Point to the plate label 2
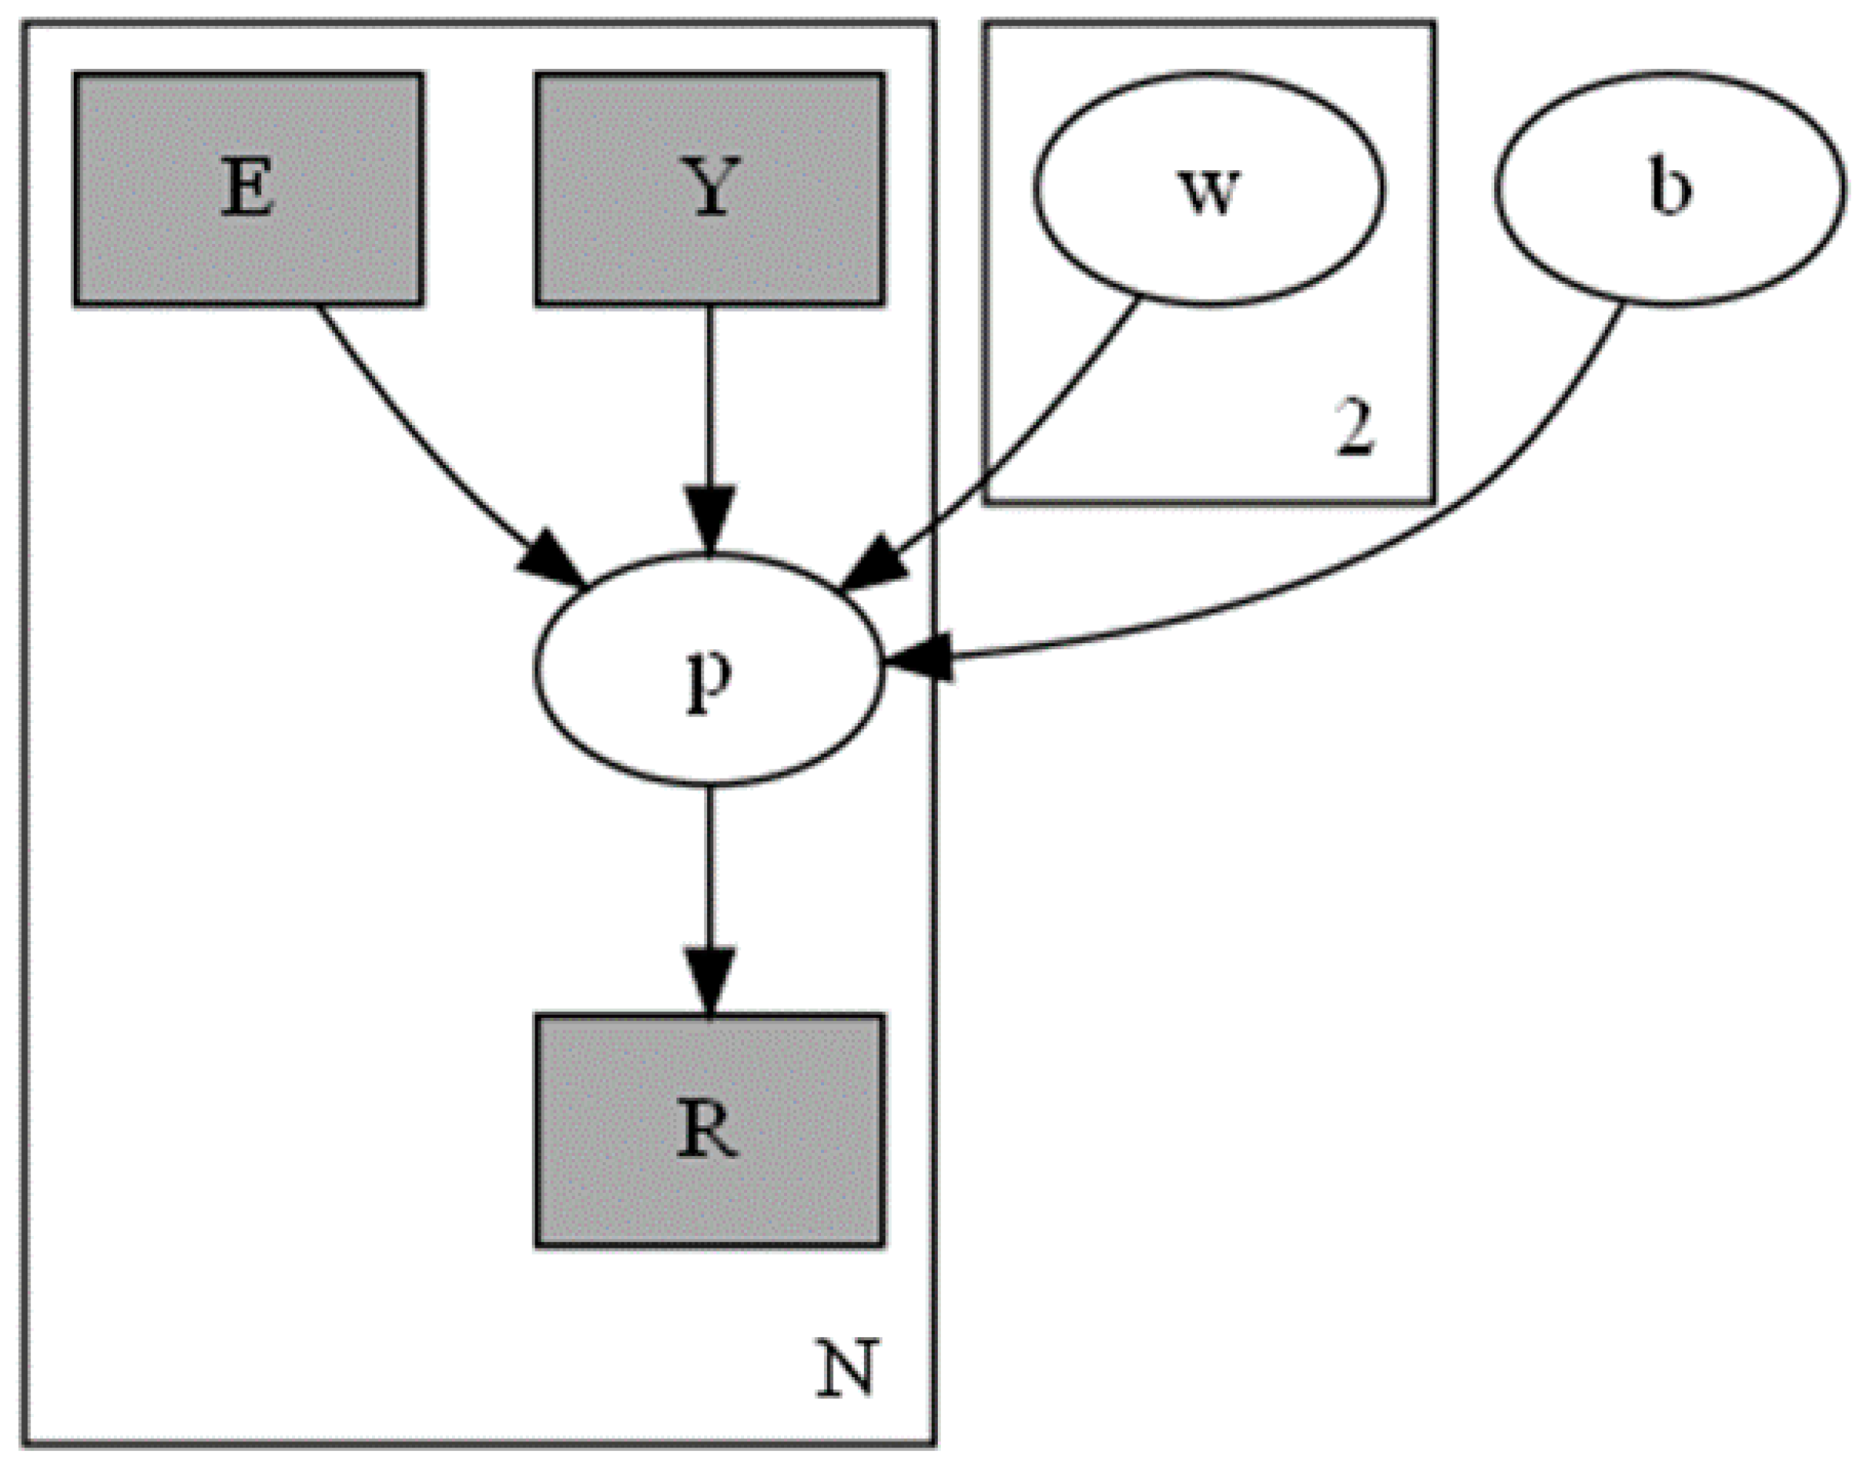[1355, 429]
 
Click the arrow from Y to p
[709, 395]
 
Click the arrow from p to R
[709, 868]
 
